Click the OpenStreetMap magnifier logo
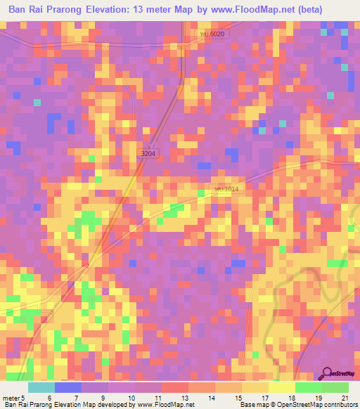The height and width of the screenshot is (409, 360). [x=328, y=374]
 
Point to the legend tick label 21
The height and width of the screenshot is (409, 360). [x=345, y=398]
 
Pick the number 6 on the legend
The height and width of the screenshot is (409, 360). [x=49, y=398]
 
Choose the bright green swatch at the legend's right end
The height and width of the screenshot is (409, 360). [x=335, y=387]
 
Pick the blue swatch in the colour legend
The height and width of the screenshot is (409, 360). [x=67, y=387]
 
